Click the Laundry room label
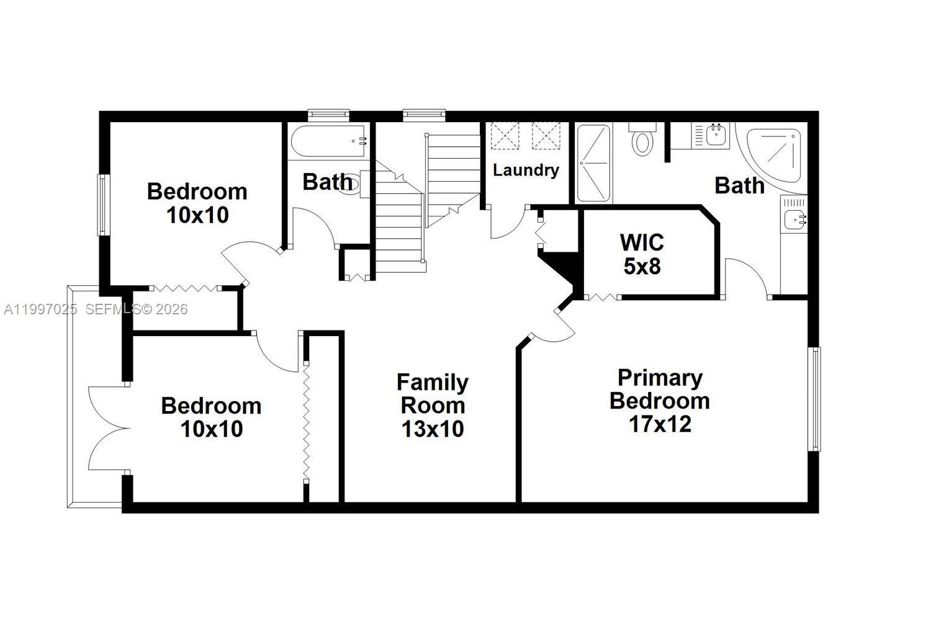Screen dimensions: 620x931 coord(526,170)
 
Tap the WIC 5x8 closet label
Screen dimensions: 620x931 coord(642,254)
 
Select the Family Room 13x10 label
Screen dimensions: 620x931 coord(433,405)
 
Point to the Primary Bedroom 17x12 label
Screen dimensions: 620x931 coord(660,401)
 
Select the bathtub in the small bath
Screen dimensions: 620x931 coord(328,141)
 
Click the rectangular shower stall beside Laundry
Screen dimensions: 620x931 coord(593,163)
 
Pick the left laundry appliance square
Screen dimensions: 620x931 coord(504,136)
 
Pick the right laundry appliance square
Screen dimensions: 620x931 coord(546,136)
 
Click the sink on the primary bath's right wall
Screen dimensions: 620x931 coord(794,218)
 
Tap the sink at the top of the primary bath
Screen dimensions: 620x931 coord(715,135)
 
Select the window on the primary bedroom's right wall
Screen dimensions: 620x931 coord(815,399)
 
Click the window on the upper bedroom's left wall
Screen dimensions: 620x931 coord(102,205)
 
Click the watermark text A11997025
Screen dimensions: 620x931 coord(40,309)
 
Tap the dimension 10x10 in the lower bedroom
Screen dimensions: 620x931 coord(211,428)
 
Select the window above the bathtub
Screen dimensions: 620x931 coord(328,114)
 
